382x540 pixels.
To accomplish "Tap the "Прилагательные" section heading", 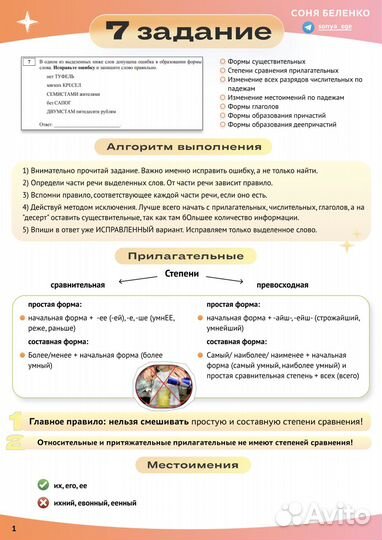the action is tap(190, 257).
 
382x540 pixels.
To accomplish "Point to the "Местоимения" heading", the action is tap(190, 465).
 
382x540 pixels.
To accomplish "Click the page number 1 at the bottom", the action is tap(14, 527).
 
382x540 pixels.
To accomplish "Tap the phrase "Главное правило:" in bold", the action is tap(70, 422).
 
